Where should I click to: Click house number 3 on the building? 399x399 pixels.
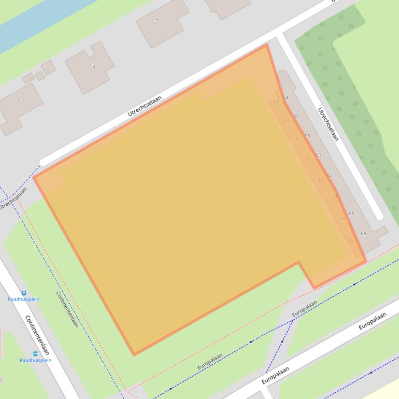94,66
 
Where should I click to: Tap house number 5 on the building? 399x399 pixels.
158,20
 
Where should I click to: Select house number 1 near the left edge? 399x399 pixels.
18,101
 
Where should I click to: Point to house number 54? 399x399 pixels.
286,97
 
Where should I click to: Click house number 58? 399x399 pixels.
307,136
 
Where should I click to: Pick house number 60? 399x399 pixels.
318,155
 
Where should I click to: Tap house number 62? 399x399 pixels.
330,175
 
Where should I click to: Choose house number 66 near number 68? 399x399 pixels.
351,213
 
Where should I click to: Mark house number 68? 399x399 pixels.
363,234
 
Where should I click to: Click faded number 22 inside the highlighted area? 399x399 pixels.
275,102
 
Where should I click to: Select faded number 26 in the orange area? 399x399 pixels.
297,139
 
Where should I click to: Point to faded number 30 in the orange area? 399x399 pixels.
320,180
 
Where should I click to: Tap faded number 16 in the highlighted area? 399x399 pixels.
326,201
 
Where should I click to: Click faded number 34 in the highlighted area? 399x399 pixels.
342,218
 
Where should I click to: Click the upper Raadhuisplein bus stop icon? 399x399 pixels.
24,293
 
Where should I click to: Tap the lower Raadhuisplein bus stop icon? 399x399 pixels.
35,354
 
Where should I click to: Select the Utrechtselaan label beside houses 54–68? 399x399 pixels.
328,124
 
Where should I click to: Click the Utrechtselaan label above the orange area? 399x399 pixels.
145,106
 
